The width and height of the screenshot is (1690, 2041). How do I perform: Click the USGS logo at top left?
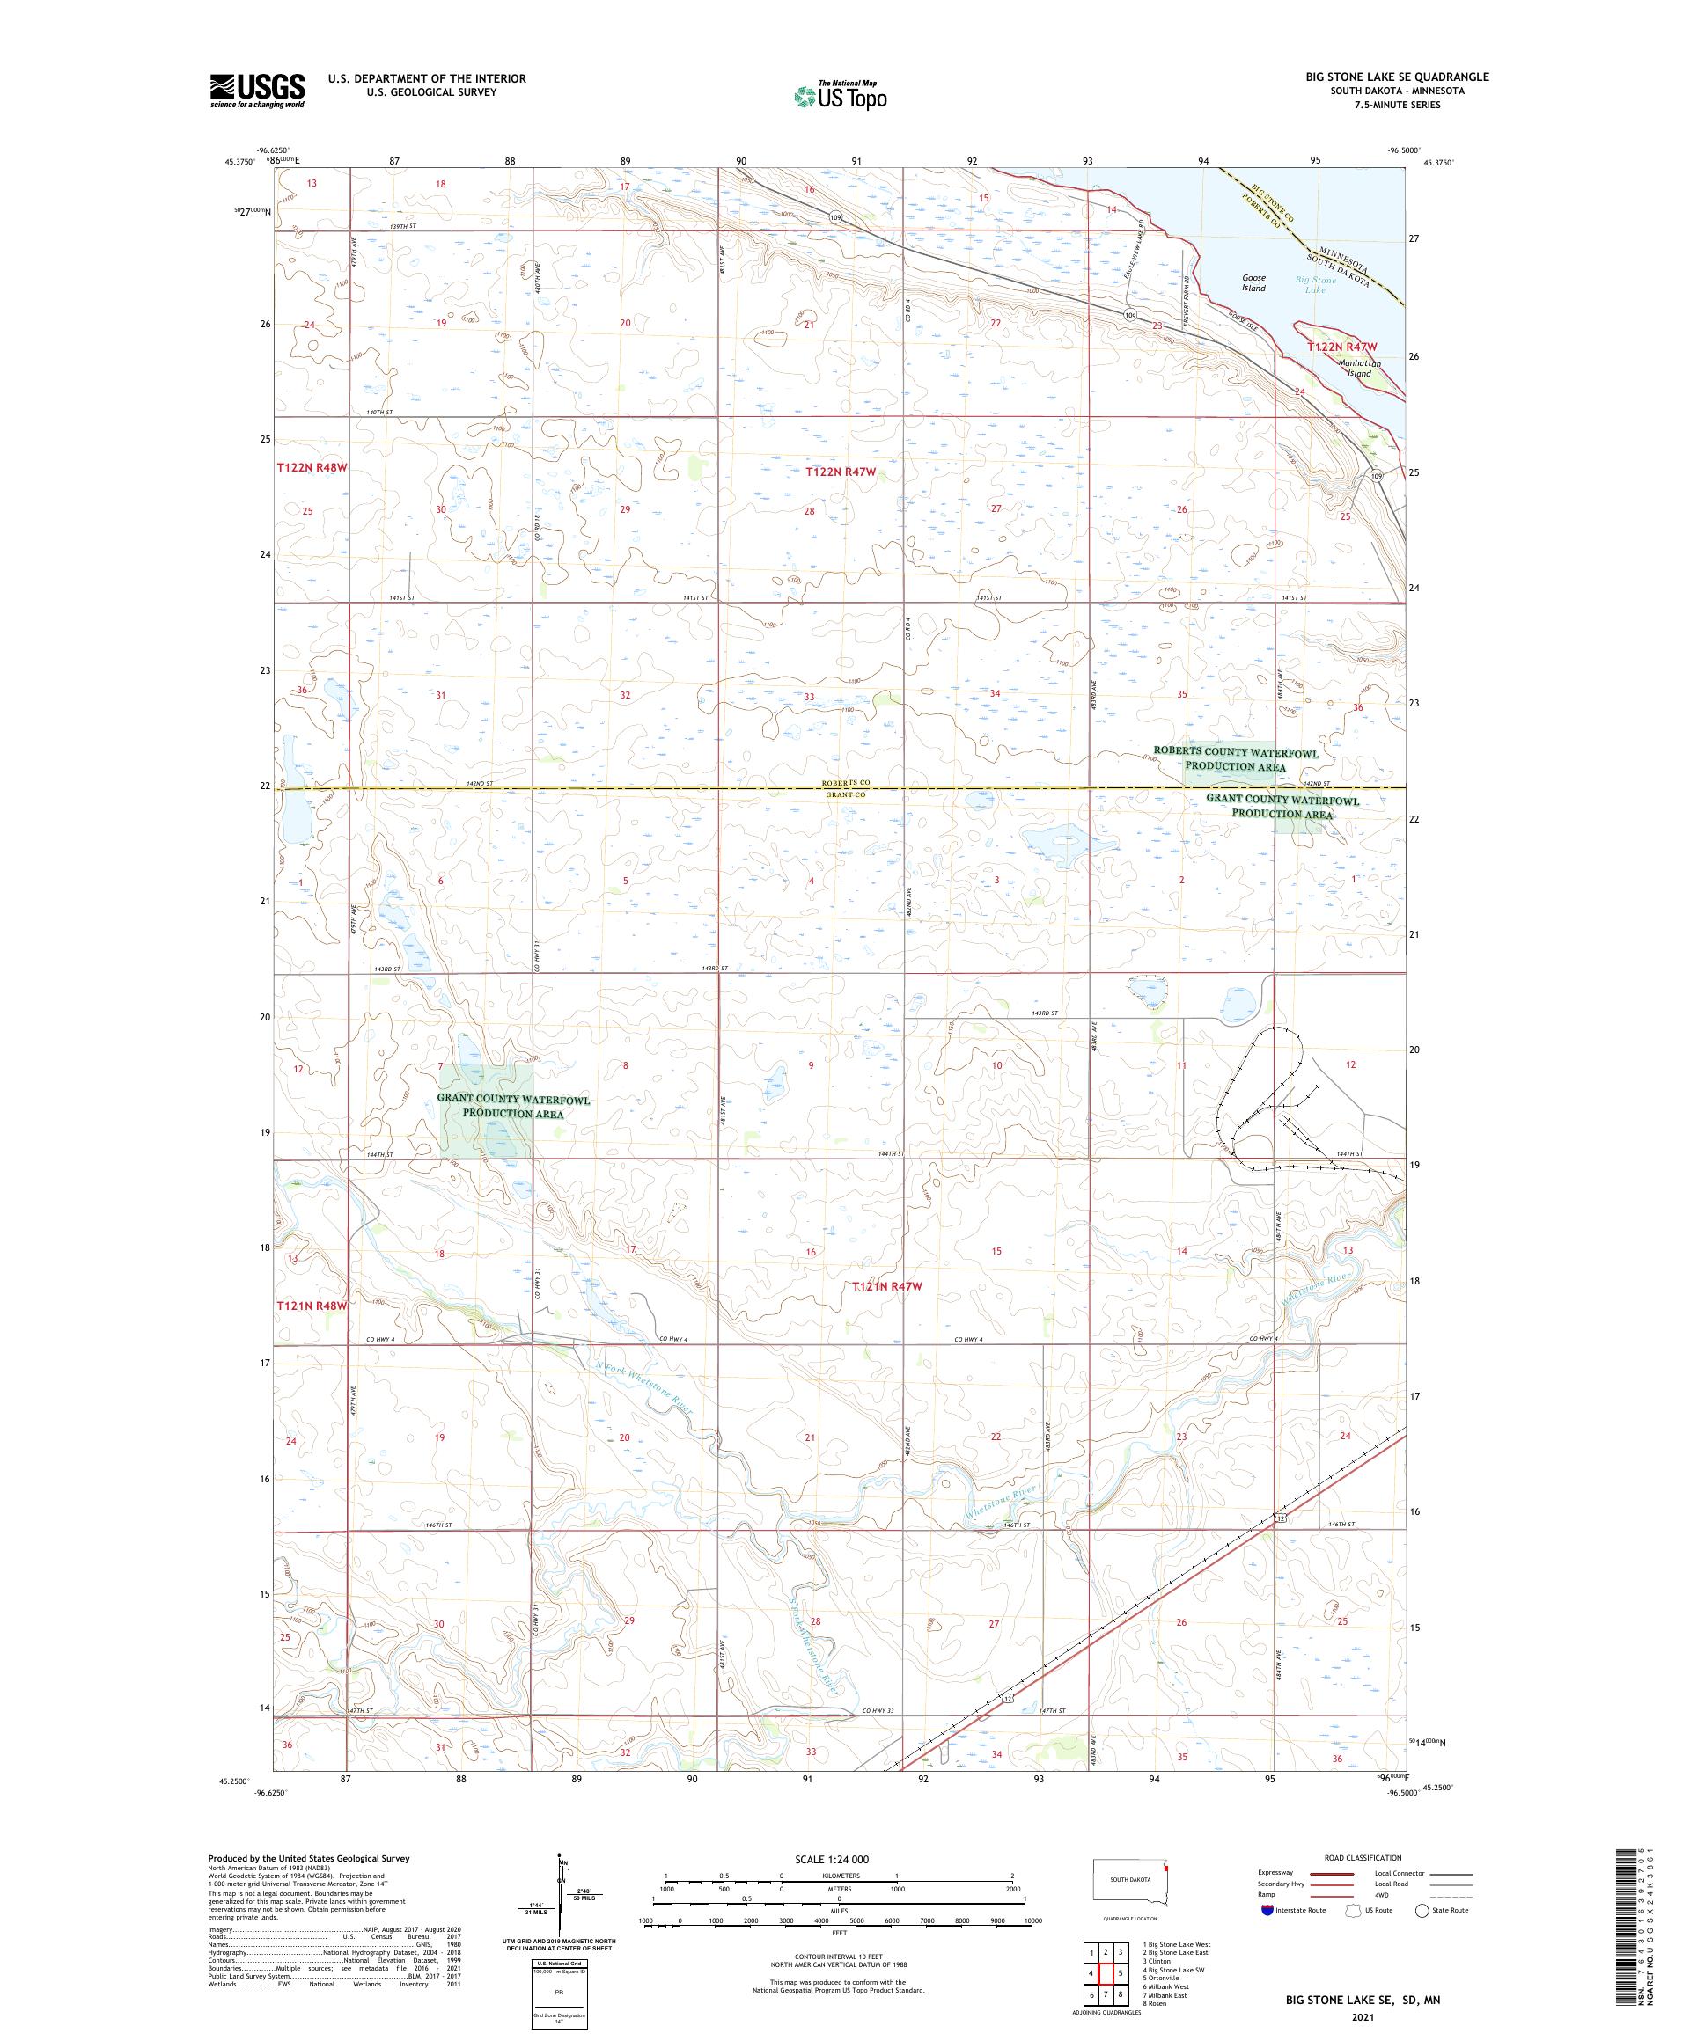[258, 91]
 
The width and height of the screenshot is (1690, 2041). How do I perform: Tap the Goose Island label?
[1253, 282]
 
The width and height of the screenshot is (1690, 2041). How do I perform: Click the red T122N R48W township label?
[312, 467]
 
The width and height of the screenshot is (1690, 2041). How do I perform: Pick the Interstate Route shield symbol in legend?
[1266, 1909]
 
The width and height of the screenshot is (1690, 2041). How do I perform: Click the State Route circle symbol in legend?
[1422, 1909]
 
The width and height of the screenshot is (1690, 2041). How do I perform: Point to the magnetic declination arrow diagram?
[561, 1890]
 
